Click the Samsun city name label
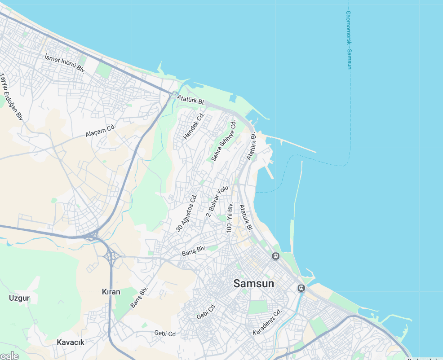click(253, 284)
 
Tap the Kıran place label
click(111, 292)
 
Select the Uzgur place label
click(19, 298)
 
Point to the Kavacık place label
click(71, 342)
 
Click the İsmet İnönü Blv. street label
click(65, 63)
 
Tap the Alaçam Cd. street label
click(101, 131)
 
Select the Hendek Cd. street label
click(194, 126)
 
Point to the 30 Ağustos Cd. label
click(186, 213)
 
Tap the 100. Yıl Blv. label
click(230, 218)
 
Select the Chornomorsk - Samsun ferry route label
click(349, 40)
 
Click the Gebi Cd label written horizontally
click(165, 334)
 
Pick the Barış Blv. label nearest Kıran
click(139, 298)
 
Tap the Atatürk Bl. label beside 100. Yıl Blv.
click(246, 218)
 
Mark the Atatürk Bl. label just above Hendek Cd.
click(190, 100)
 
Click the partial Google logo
click(9, 356)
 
